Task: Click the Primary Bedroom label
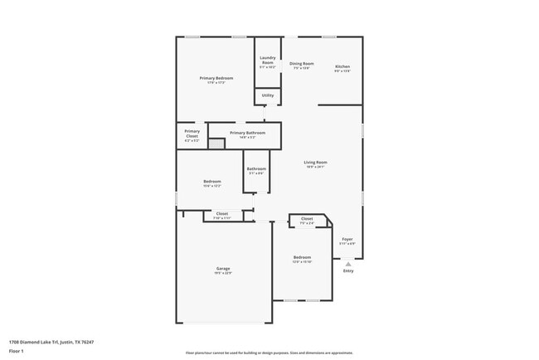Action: click(x=213, y=78)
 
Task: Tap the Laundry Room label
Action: click(x=267, y=60)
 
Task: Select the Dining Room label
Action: click(x=301, y=64)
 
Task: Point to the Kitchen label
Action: click(x=342, y=66)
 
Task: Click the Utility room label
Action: click(x=267, y=95)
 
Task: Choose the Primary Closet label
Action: click(x=192, y=134)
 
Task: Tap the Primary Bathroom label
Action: click(x=247, y=133)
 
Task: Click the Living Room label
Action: click(x=315, y=163)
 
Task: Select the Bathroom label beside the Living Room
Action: click(x=256, y=169)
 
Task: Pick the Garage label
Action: click(x=223, y=269)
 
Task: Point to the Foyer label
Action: click(x=347, y=239)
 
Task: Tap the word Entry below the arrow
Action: click(x=347, y=271)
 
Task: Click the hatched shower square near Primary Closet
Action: click(x=216, y=144)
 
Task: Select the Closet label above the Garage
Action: click(x=222, y=214)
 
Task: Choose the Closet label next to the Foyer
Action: click(x=307, y=219)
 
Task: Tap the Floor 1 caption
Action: click(x=17, y=352)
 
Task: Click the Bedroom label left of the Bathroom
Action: click(x=212, y=182)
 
